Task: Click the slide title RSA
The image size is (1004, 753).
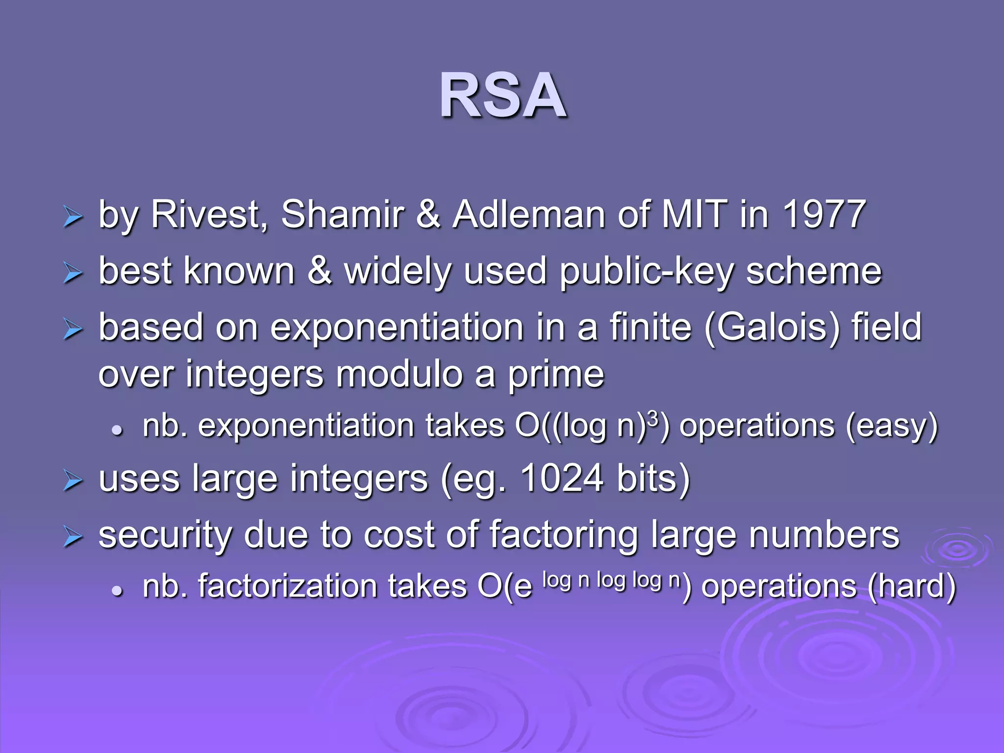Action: [x=503, y=96]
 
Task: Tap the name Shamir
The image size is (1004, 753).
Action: [x=343, y=215]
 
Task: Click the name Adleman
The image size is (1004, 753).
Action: [x=528, y=215]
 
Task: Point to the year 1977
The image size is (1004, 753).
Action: [x=823, y=215]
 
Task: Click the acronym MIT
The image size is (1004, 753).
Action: [x=694, y=215]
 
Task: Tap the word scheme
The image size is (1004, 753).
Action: [x=813, y=272]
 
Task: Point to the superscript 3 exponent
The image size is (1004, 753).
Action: [x=653, y=418]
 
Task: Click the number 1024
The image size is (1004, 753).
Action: [x=562, y=478]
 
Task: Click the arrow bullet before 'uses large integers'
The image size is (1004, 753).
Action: [x=73, y=481]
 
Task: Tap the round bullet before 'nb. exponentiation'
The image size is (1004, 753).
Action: [x=117, y=430]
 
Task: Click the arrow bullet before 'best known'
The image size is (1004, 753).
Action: [x=73, y=274]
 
